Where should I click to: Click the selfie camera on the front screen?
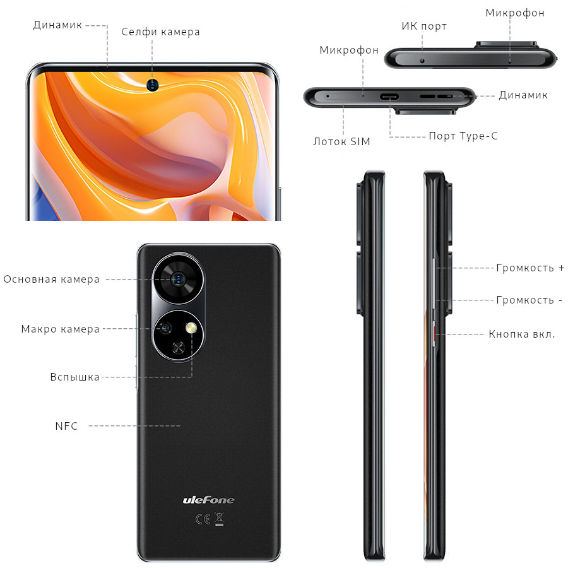(x=153, y=85)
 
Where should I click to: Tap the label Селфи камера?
(x=160, y=32)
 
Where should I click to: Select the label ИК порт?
(x=424, y=26)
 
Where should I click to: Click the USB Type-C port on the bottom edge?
(x=389, y=97)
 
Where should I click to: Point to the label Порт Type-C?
(x=463, y=136)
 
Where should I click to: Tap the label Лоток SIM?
(x=341, y=141)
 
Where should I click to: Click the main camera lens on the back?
(x=178, y=279)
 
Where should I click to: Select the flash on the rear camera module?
(x=191, y=328)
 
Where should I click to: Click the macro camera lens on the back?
(x=165, y=328)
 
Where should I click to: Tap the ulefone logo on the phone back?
(x=208, y=500)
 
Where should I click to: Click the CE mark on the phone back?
(x=203, y=519)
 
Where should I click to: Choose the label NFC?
(x=66, y=426)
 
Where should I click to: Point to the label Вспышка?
(x=74, y=377)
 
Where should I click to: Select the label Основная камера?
(x=52, y=280)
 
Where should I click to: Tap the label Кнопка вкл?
(x=522, y=334)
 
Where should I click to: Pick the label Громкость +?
(x=530, y=268)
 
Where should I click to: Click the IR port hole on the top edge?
(x=422, y=61)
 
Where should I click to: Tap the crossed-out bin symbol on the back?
(x=219, y=519)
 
